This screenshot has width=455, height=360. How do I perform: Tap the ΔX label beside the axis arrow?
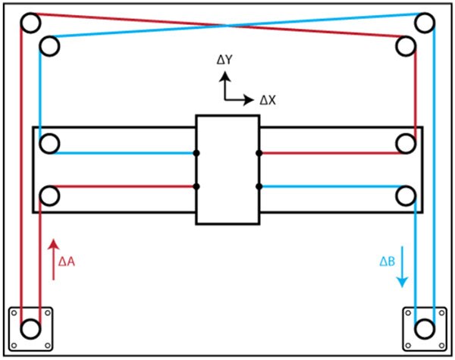pyautogui.click(x=268, y=99)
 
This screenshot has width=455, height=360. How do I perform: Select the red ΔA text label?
pyautogui.click(x=67, y=261)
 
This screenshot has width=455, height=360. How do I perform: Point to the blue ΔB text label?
pyautogui.click(x=387, y=261)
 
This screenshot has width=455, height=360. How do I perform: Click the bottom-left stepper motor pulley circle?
pyautogui.click(x=30, y=330)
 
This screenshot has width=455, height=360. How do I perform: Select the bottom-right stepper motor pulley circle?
pyautogui.click(x=425, y=330)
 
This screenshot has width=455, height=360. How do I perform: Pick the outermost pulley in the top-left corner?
pyautogui.click(x=30, y=23)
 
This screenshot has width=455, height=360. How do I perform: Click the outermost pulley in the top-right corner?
pyautogui.click(x=425, y=23)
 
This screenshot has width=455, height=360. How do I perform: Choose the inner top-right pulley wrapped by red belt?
pyautogui.click(x=406, y=45)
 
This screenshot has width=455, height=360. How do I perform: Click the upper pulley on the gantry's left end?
pyautogui.click(x=50, y=143)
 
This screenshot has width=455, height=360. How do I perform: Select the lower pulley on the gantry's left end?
pyautogui.click(x=50, y=196)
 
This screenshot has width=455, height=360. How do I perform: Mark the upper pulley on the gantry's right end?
pyautogui.click(x=406, y=143)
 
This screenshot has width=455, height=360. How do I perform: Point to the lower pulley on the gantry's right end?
pyautogui.click(x=406, y=196)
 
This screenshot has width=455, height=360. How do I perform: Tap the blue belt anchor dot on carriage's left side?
pyautogui.click(x=196, y=153)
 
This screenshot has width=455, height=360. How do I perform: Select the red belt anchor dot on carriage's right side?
pyautogui.click(x=259, y=153)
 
